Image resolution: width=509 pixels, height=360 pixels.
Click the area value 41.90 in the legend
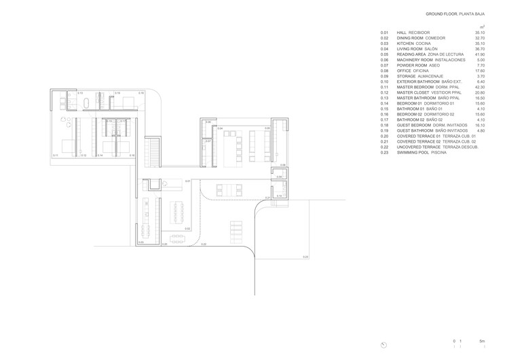[480, 55]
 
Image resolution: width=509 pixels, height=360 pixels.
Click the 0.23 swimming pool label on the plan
[305, 257]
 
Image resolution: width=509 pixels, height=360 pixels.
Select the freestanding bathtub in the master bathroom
[87, 104]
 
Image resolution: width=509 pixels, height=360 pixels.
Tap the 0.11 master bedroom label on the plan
[55, 156]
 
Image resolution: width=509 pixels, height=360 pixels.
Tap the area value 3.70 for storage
[481, 77]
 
